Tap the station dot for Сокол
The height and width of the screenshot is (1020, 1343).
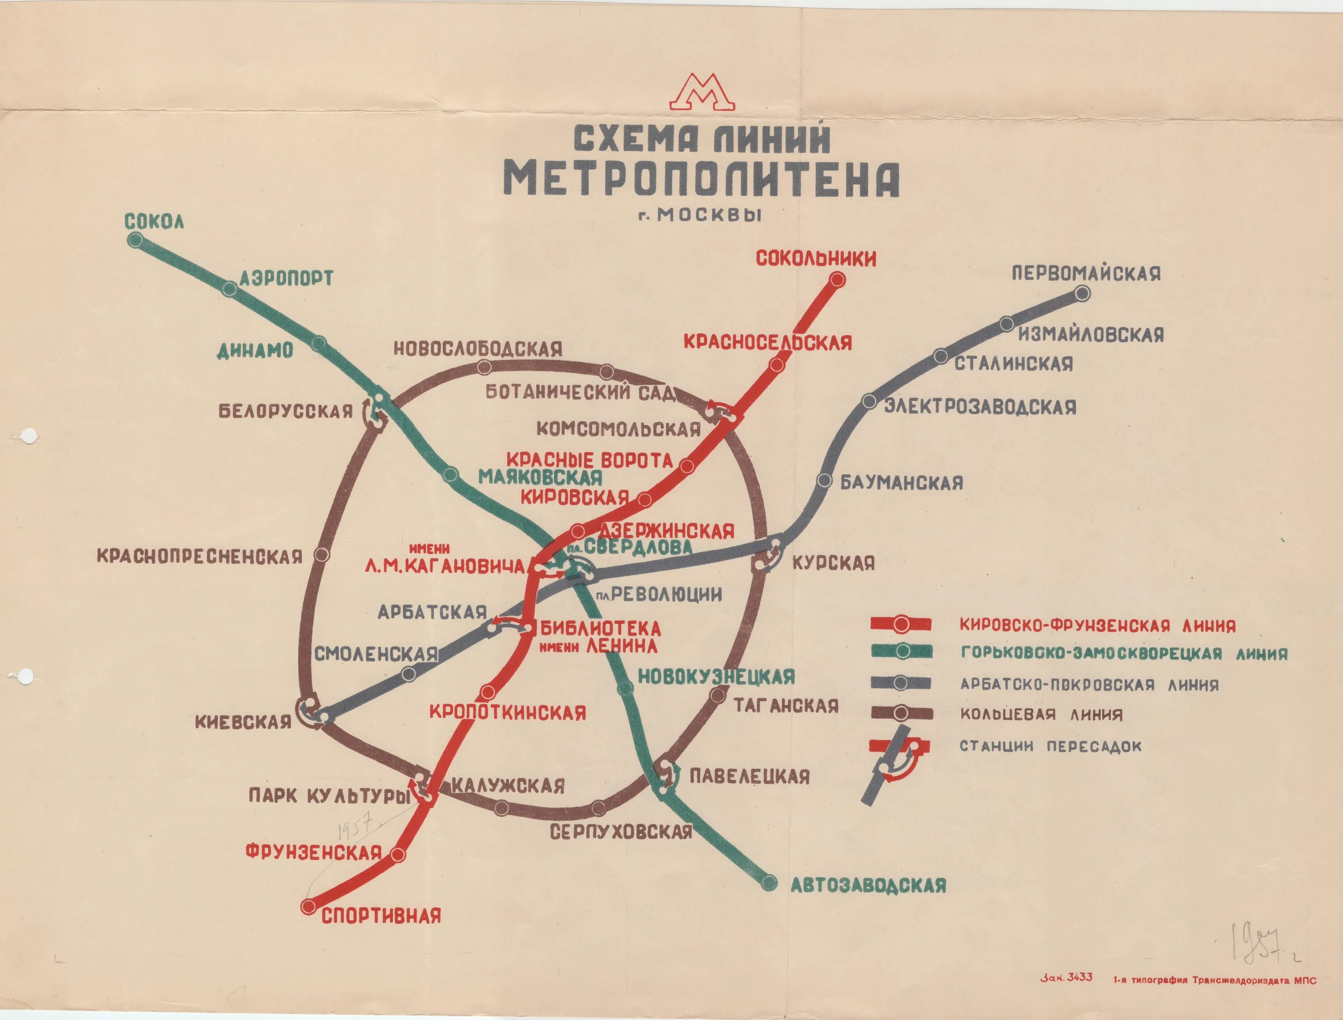pyautogui.click(x=134, y=240)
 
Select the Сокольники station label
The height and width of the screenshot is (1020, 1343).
pyautogui.click(x=815, y=259)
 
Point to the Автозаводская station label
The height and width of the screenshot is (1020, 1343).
pyautogui.click(x=868, y=885)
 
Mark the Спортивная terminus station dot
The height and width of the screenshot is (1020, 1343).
pyautogui.click(x=309, y=906)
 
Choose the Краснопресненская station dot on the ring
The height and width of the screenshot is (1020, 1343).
pyautogui.click(x=322, y=554)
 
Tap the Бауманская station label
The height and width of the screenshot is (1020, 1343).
pyautogui.click(x=902, y=483)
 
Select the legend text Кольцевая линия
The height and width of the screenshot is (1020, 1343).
pyautogui.click(x=1041, y=715)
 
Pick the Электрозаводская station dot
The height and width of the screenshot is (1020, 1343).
pyautogui.click(x=869, y=401)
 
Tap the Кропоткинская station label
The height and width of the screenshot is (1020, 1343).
pyautogui.click(x=508, y=712)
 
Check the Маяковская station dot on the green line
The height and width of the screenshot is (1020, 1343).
pyautogui.click(x=450, y=475)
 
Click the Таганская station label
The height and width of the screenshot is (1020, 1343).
pyautogui.click(x=786, y=706)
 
